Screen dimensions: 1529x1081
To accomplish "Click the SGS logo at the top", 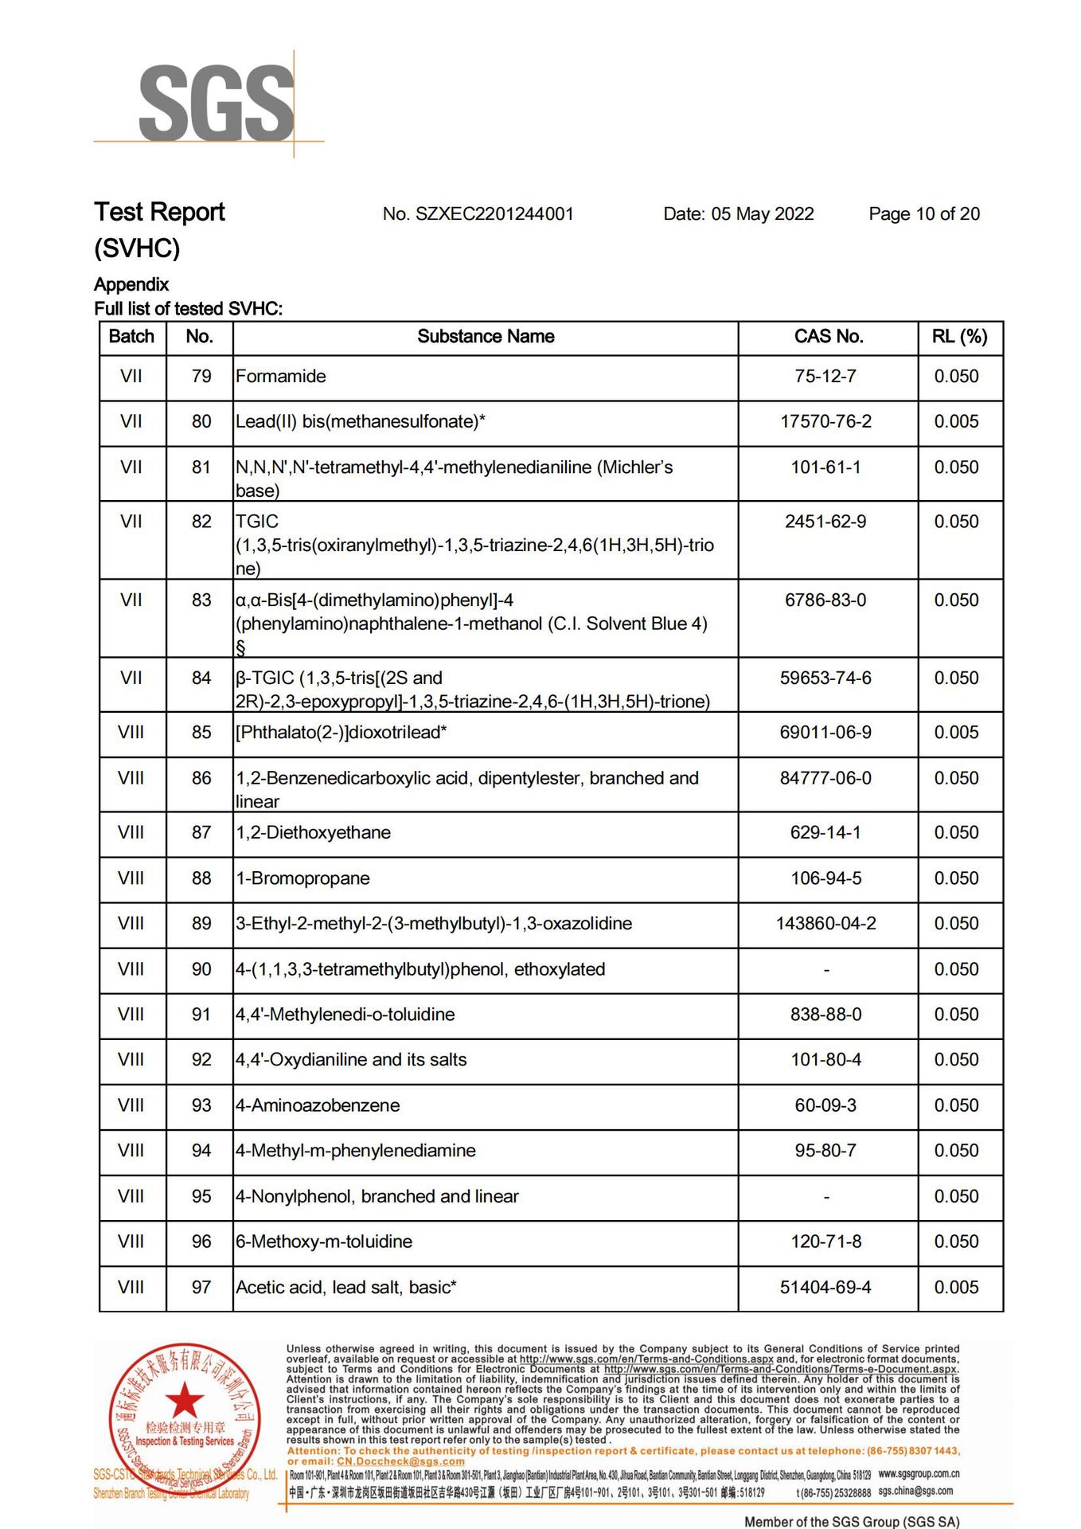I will pyautogui.click(x=216, y=104).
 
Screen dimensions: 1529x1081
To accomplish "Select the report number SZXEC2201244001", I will pyautogui.click(x=478, y=213).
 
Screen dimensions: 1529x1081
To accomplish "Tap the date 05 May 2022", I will pyautogui.click(x=738, y=213).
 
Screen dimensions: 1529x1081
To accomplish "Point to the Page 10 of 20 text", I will pyautogui.click(x=923, y=213).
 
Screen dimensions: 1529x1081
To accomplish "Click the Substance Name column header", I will pyautogui.click(x=486, y=336).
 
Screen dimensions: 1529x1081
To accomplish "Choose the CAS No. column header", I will pyautogui.click(x=828, y=336).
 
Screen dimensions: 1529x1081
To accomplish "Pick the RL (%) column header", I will pyautogui.click(x=959, y=336).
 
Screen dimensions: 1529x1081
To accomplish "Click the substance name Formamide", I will pyautogui.click(x=281, y=376).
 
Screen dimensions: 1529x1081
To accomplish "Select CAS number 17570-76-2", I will pyautogui.click(x=825, y=421).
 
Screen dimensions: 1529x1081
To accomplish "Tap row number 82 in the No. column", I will pyautogui.click(x=201, y=522).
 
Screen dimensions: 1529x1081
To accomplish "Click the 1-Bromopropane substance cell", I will pyautogui.click(x=303, y=878).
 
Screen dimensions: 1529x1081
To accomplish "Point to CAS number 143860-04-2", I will pyautogui.click(x=825, y=924).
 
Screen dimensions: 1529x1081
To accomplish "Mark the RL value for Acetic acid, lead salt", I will pyautogui.click(x=956, y=1288).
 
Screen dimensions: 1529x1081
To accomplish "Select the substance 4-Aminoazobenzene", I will pyautogui.click(x=318, y=1105).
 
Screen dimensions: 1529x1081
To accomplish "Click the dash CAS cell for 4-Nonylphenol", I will pyautogui.click(x=826, y=1197).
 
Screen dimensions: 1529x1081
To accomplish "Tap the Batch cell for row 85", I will pyautogui.click(x=131, y=733).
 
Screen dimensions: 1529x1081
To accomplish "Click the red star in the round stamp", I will pyautogui.click(x=185, y=1400).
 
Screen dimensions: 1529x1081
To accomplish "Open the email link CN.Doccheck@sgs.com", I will pyautogui.click(x=400, y=1461).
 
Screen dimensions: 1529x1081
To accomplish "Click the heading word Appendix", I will pyautogui.click(x=131, y=284).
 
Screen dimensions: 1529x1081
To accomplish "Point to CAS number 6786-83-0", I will pyautogui.click(x=825, y=600).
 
